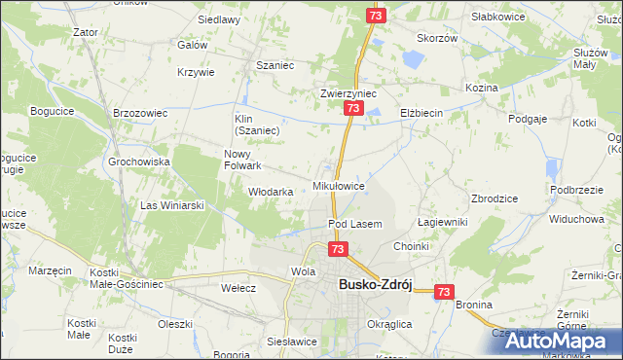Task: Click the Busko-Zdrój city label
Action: click(x=375, y=284)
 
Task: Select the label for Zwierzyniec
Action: click(x=348, y=93)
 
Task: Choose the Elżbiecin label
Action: click(x=421, y=113)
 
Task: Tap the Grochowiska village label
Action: click(x=139, y=162)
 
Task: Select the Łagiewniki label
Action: click(x=443, y=222)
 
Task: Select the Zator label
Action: click(x=86, y=31)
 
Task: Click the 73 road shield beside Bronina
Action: click(x=445, y=291)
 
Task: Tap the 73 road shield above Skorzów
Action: click(x=377, y=16)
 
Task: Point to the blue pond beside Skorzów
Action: click(x=412, y=59)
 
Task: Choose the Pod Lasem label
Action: click(x=354, y=224)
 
